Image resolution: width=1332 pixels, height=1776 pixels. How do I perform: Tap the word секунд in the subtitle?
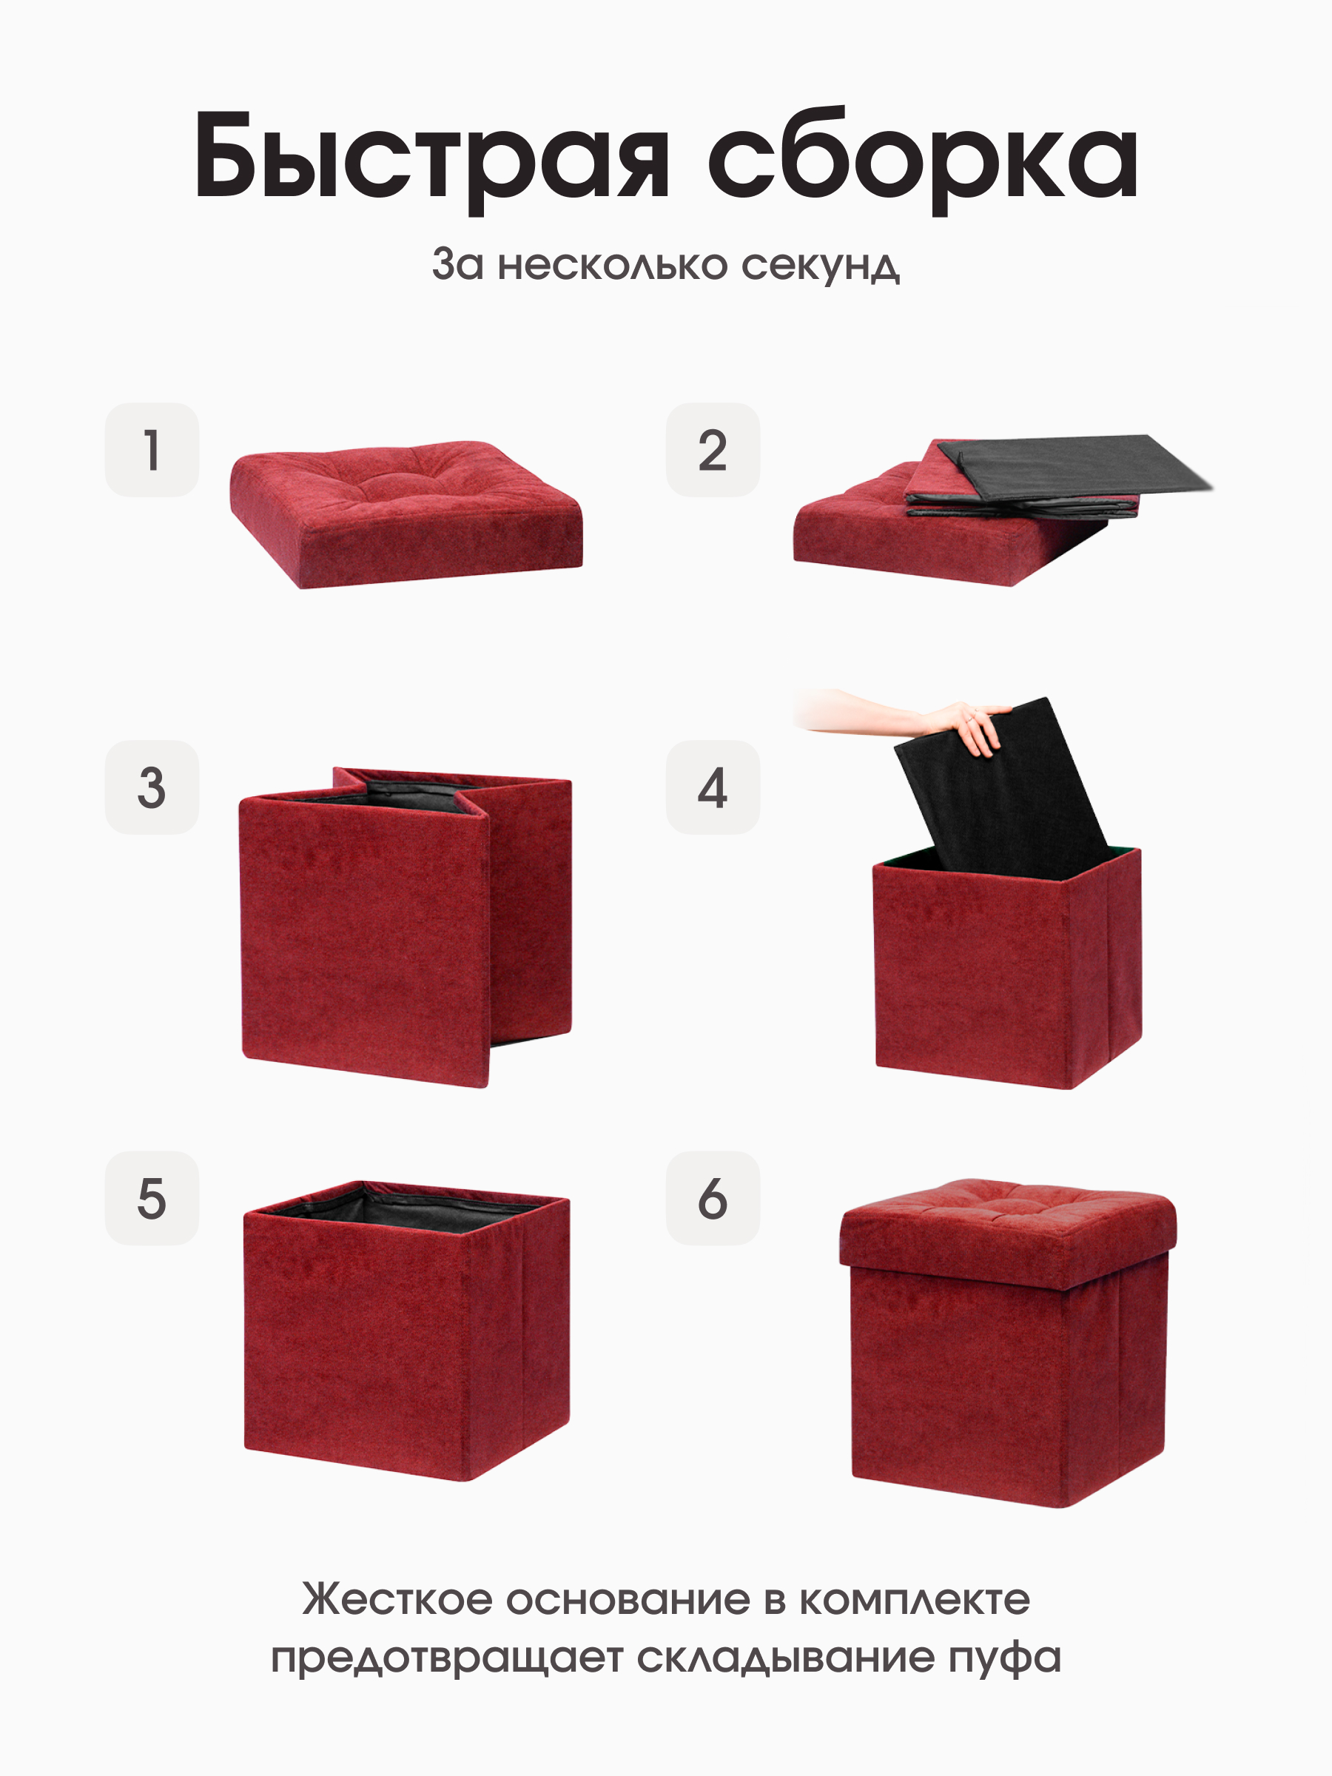pos(820,264)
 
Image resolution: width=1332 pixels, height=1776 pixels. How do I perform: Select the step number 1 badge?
pos(152,450)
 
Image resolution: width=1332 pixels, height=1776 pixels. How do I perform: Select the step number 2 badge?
pos(712,450)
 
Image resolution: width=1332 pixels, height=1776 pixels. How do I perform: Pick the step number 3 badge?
pos(152,787)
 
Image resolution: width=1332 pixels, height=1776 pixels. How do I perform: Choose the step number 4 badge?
pos(712,787)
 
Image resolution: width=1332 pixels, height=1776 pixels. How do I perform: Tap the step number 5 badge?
pos(152,1199)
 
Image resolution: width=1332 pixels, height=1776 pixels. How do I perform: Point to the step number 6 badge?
pos(712,1199)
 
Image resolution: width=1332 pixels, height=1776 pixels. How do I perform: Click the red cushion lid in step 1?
pos(406,514)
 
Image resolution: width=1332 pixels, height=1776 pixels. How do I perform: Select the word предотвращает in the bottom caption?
pos(446,1659)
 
